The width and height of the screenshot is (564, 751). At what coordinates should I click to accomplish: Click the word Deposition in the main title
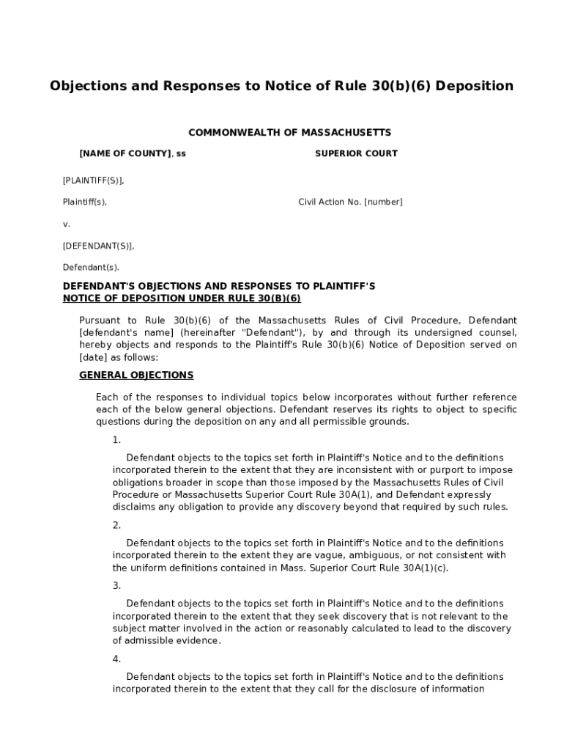coord(478,86)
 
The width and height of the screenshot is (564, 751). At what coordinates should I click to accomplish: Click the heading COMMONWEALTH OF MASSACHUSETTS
coord(290,133)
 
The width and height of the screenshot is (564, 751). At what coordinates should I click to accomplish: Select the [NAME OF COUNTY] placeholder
coord(125,154)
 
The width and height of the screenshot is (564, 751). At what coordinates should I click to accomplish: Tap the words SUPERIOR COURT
coord(356,154)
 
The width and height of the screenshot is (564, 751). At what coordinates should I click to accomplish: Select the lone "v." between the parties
coord(67,224)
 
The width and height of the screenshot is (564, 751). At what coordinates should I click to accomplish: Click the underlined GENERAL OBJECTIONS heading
coord(136,375)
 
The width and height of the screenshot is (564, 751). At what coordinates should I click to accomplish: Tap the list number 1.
coord(116,440)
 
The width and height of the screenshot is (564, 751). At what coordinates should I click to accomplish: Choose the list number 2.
coord(116,525)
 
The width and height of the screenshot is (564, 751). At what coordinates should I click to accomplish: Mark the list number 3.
coord(116,586)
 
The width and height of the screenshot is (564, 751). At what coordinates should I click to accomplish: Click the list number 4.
coord(116,659)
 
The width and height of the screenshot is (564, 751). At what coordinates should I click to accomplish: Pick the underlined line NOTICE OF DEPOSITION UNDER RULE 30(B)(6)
coord(182,298)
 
